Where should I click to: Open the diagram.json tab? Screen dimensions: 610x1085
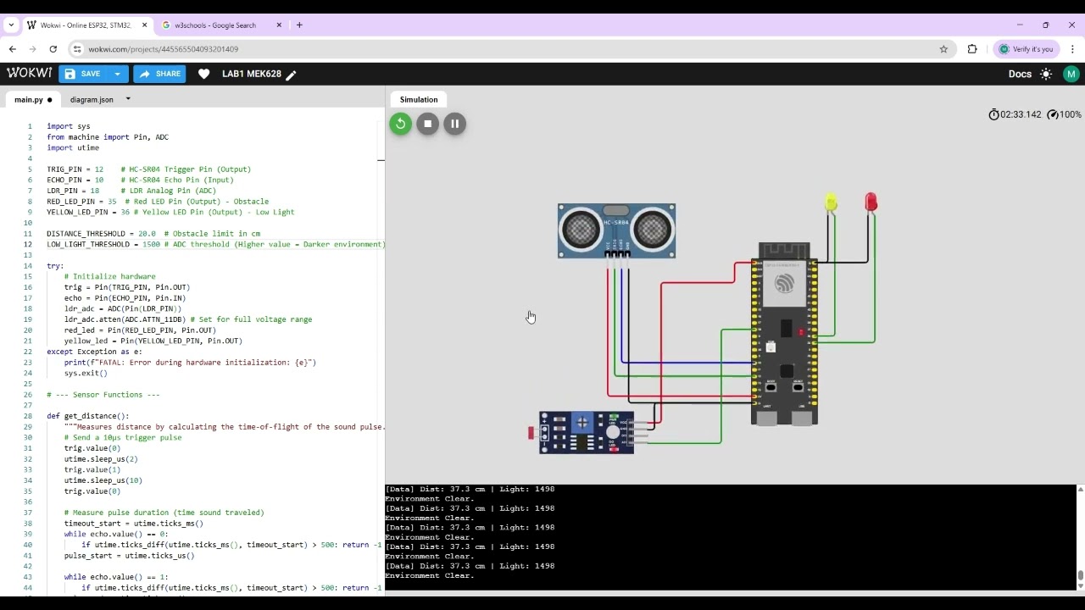click(92, 100)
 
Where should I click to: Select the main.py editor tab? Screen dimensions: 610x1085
click(28, 100)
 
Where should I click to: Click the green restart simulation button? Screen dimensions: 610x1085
click(400, 124)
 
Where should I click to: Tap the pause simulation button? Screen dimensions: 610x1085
click(454, 124)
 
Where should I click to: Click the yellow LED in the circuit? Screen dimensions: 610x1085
click(831, 202)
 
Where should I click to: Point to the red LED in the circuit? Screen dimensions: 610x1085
click(871, 202)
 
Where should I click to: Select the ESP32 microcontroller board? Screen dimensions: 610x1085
click(785, 335)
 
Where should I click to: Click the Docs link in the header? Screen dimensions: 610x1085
click(1020, 74)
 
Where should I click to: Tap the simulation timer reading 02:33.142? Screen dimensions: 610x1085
click(1020, 114)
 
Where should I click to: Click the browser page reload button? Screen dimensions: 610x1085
click(53, 49)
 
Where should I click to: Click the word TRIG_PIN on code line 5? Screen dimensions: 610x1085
click(64, 169)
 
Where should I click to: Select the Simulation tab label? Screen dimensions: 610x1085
click(419, 100)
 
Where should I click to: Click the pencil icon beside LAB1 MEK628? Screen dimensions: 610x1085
click(291, 75)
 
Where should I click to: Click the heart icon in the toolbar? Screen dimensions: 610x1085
click(203, 74)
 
